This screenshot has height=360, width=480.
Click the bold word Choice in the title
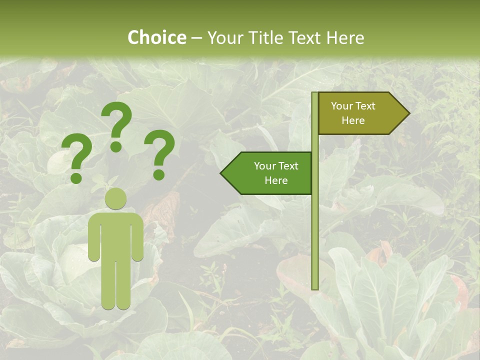coord(156,37)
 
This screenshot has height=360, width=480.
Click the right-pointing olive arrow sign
coord(360,113)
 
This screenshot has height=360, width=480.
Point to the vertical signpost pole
coord(315,225)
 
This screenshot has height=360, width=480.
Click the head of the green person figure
coord(115,198)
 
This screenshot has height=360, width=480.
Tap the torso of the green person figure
coord(115,235)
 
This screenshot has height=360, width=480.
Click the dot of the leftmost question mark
coord(76,177)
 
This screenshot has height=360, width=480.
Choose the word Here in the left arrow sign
coord(276,180)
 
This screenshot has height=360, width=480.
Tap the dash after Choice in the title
coord(196,38)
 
